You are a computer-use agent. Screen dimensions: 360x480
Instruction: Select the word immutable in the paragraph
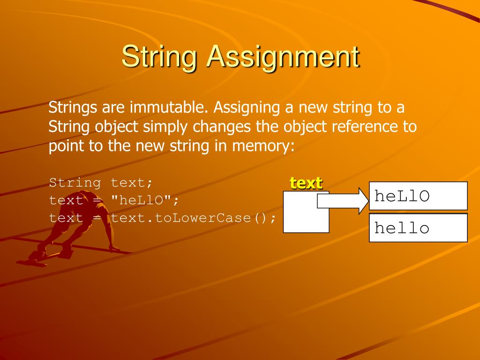pos(169,108)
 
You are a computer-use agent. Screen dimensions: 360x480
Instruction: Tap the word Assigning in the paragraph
pos(246,108)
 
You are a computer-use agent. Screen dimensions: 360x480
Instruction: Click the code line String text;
pos(101,182)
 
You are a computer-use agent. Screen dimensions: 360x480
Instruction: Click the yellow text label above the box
pos(306,183)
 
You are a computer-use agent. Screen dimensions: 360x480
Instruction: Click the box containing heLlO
pos(418,196)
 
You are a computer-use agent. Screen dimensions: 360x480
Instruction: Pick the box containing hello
pos(418,228)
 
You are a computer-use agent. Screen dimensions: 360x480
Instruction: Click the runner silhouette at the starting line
pos(77,225)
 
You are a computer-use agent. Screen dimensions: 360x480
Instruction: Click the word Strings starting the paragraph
pos(73,108)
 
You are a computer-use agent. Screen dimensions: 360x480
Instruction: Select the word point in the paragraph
pos(66,146)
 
